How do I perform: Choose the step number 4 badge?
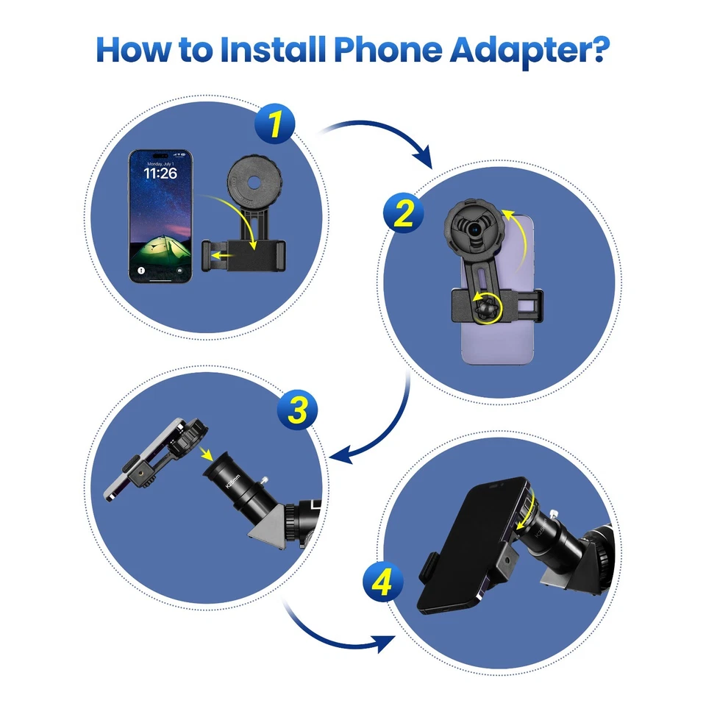[383, 584]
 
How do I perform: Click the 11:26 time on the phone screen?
[160, 174]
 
